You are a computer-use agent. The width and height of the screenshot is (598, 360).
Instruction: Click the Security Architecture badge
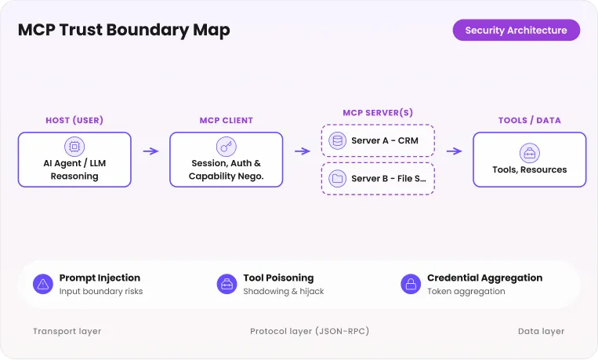click(516, 30)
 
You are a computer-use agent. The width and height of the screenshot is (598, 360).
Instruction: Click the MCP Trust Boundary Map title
click(124, 30)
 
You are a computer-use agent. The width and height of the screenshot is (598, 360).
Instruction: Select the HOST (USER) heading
click(74, 120)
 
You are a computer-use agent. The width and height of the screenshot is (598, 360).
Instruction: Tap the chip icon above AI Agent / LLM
click(74, 147)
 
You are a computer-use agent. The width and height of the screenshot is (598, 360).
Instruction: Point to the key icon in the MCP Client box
click(227, 147)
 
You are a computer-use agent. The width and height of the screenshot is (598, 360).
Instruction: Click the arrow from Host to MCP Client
click(150, 151)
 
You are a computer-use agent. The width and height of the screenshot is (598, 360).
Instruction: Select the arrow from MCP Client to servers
click(303, 151)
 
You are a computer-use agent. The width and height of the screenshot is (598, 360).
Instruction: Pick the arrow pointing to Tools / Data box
click(455, 151)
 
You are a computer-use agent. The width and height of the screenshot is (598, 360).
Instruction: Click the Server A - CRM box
click(378, 140)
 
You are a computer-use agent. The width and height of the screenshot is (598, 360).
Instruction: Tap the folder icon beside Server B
click(338, 178)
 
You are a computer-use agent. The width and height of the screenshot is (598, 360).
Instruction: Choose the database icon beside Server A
click(338, 140)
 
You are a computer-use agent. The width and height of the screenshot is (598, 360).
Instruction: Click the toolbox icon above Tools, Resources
click(530, 153)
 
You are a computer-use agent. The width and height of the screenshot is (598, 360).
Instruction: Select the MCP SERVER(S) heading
click(378, 113)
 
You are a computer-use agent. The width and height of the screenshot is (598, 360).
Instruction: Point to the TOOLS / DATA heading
click(530, 120)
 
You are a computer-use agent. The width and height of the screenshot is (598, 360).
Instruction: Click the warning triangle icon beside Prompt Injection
click(43, 284)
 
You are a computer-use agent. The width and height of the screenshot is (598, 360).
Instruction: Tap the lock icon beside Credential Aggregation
click(411, 284)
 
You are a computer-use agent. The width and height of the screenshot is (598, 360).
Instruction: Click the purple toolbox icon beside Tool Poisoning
click(227, 284)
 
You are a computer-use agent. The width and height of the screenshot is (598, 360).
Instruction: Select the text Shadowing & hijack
click(284, 291)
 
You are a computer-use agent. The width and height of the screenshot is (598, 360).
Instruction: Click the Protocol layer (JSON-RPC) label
click(310, 331)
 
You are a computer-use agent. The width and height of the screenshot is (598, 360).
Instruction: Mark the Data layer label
click(541, 331)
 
